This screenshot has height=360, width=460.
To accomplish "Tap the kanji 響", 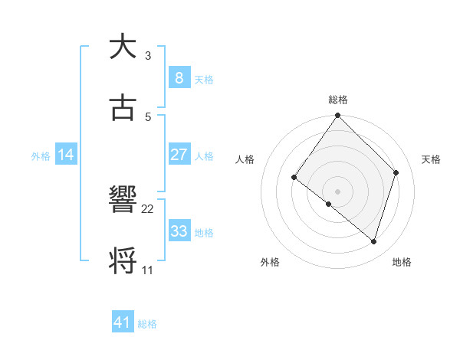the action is coord(122,200).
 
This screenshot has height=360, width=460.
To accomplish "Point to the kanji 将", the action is coord(122,260).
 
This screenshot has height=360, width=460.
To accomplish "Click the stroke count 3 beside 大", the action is coord(147,56).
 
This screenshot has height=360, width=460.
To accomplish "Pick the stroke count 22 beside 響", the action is coord(148,208).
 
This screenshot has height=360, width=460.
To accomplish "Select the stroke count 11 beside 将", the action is coord(147,270).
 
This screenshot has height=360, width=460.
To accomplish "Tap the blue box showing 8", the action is coord(179,77).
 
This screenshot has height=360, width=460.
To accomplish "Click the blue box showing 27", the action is coord(179,155).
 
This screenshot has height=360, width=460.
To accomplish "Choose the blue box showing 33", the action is coord(179,231).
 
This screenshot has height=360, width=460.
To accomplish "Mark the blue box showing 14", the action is coord(66,155).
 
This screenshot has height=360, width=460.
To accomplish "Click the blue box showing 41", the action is coord(123,322).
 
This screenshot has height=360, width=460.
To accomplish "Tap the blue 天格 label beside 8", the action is coord(203,80).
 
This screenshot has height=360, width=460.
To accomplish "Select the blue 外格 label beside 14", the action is coord(41,156).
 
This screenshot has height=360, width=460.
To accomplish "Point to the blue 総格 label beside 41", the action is coord(147,324).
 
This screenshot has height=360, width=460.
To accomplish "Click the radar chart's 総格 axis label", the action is coord(338,100).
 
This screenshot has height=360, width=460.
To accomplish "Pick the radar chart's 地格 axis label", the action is coord(402,262).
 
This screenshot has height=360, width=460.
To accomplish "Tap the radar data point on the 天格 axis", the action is coord(396,172).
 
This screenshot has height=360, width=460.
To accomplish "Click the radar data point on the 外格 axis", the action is coord(328,205).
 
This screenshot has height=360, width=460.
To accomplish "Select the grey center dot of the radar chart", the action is coord(337,191).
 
